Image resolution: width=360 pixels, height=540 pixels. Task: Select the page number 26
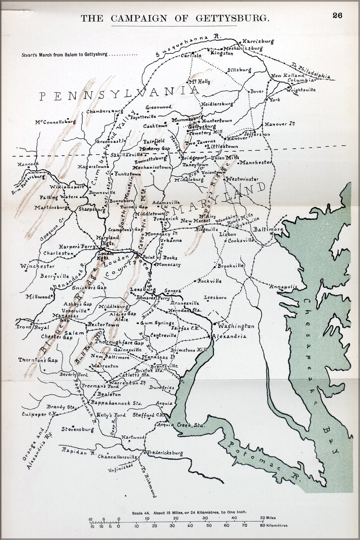point(337,15)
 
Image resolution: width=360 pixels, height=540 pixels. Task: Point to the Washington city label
point(236,326)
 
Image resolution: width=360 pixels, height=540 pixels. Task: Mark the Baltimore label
point(268,230)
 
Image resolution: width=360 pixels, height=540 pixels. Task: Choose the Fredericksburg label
point(165,453)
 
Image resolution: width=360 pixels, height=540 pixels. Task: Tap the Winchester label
point(37,266)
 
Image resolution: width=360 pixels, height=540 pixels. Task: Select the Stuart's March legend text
point(64,54)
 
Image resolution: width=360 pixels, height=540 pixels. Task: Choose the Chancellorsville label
point(117,457)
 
